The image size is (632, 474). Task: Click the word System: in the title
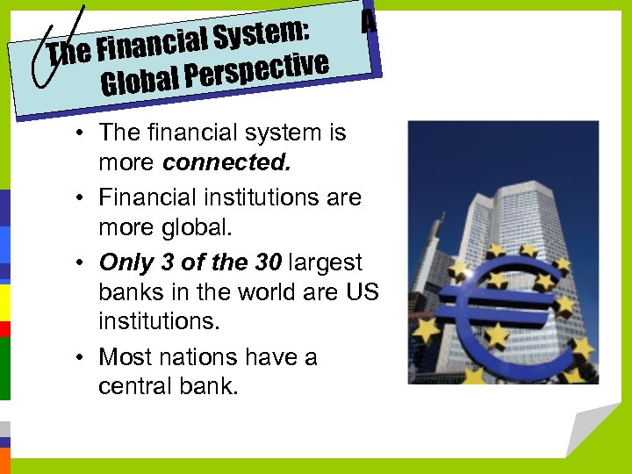tap(262, 34)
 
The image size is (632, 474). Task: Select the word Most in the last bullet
tap(124, 357)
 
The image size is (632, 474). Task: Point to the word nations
tap(196, 357)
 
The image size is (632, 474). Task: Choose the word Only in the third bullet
tap(126, 262)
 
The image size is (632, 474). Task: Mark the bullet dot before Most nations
tap(80, 358)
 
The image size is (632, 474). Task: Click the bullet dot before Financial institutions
tap(80, 198)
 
